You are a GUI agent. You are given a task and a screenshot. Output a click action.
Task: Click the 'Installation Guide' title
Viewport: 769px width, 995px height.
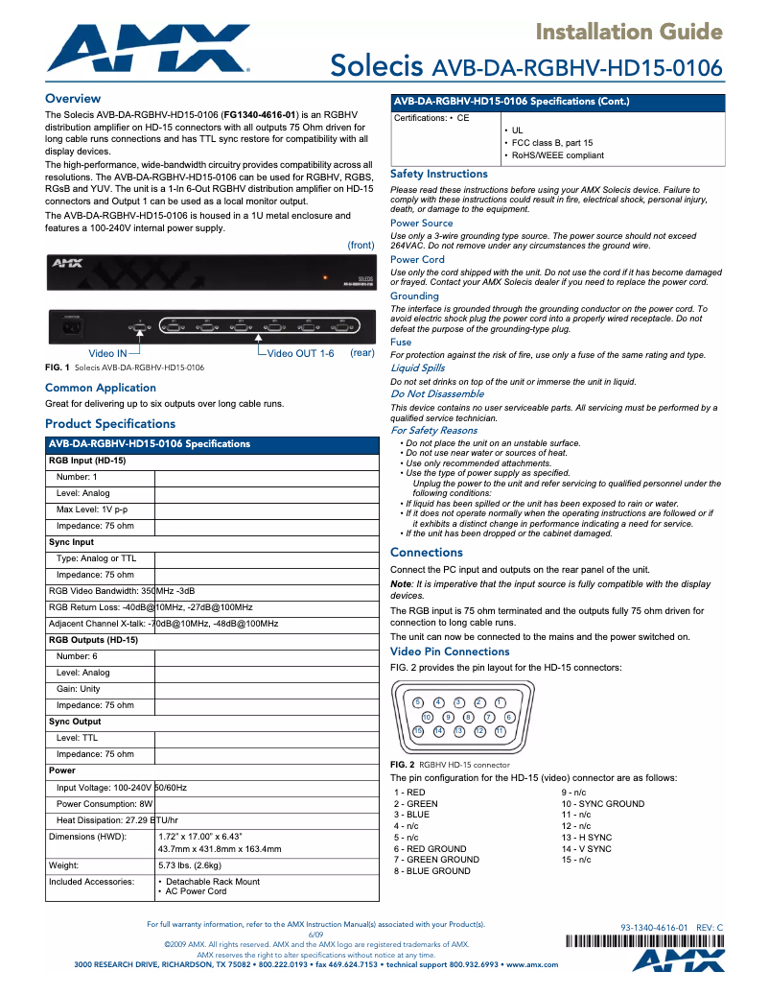629,33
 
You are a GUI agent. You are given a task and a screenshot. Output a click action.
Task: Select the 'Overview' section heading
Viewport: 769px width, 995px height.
73,99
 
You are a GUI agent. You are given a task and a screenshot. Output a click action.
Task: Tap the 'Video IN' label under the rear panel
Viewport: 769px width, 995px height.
107,354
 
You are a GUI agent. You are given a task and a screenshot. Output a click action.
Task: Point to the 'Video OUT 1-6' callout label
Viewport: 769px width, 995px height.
300,354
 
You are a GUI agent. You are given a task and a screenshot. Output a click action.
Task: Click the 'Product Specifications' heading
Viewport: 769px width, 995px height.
110,423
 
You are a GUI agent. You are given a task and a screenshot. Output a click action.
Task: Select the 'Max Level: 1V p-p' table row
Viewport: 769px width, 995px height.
92,509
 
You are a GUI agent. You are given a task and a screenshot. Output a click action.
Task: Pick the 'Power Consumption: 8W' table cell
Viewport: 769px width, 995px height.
105,803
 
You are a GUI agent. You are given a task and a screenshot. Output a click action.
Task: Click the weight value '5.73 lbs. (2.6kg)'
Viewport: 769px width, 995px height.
196,865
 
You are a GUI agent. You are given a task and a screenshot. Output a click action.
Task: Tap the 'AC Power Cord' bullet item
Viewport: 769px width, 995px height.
196,891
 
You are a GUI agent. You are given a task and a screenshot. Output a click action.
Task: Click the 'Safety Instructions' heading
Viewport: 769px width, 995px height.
439,174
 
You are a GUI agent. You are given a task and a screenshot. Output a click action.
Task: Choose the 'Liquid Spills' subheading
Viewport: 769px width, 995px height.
417,367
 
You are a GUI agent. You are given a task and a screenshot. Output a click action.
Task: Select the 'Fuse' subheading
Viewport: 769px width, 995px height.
401,342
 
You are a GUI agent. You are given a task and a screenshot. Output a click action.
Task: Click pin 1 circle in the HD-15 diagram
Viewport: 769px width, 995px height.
500,703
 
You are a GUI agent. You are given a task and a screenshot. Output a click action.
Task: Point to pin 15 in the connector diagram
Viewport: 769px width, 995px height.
418,731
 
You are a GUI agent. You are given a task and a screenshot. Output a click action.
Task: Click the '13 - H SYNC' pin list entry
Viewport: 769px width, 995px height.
586,838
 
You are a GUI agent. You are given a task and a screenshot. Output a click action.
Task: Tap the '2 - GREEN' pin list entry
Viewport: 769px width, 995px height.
415,804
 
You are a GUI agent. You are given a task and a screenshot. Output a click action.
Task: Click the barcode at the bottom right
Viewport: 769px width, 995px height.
667,942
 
